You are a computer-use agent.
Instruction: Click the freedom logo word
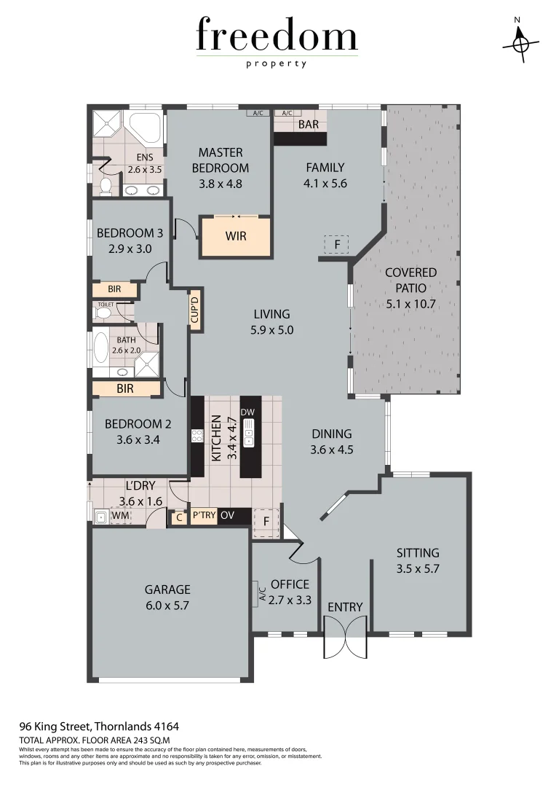[277, 36]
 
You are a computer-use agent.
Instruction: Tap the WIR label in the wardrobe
[235, 237]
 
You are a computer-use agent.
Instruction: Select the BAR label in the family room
[309, 125]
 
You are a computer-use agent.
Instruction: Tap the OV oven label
[227, 517]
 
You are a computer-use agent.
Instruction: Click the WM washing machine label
[122, 517]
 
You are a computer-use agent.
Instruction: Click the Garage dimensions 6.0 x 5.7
[167, 605]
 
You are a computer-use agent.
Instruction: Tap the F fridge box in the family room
[337, 244]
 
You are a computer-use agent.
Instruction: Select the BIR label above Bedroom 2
[125, 389]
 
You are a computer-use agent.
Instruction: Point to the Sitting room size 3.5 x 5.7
[418, 568]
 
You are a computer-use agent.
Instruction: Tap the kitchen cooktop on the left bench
[196, 436]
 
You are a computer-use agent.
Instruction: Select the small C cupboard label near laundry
[178, 517]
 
